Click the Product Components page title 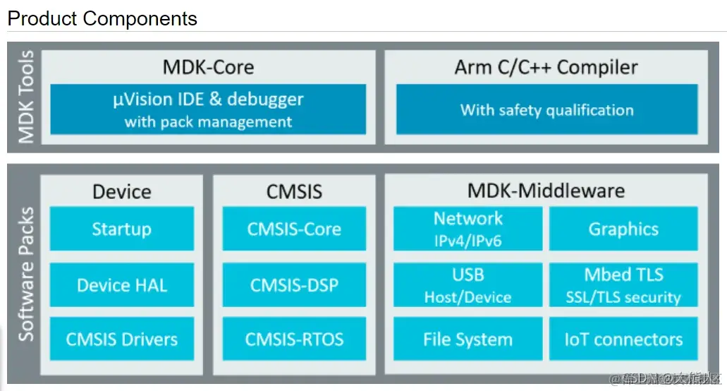(x=102, y=18)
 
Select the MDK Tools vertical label (x=26, y=97)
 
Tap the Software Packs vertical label (x=26, y=274)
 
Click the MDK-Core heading (x=208, y=68)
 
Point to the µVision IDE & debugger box (x=208, y=109)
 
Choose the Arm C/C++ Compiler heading (x=546, y=68)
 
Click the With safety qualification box (x=546, y=109)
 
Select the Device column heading (x=121, y=191)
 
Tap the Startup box (x=121, y=229)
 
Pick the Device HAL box (x=121, y=285)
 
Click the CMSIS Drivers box (x=121, y=339)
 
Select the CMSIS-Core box (x=294, y=229)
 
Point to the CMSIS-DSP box (x=294, y=285)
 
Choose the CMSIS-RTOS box (x=294, y=339)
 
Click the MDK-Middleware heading (x=546, y=191)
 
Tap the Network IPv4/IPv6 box (x=468, y=229)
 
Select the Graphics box (x=623, y=229)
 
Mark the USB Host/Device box (x=468, y=285)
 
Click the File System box (x=468, y=339)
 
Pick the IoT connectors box (x=623, y=339)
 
